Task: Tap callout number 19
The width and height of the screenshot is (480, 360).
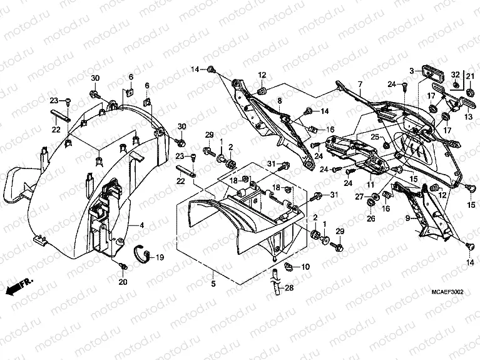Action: click(x=160, y=257)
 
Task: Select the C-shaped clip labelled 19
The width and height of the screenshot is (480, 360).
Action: click(x=145, y=254)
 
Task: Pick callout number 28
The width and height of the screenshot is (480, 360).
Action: click(x=289, y=288)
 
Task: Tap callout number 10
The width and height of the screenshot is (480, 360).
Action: click(x=305, y=267)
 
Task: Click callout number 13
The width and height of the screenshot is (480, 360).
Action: click(x=467, y=116)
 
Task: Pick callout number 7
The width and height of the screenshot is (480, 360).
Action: click(x=360, y=84)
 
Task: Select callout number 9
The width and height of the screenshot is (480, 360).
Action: click(x=407, y=218)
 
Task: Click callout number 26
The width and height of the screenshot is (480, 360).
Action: click(x=370, y=219)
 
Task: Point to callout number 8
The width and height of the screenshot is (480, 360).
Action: click(x=280, y=100)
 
